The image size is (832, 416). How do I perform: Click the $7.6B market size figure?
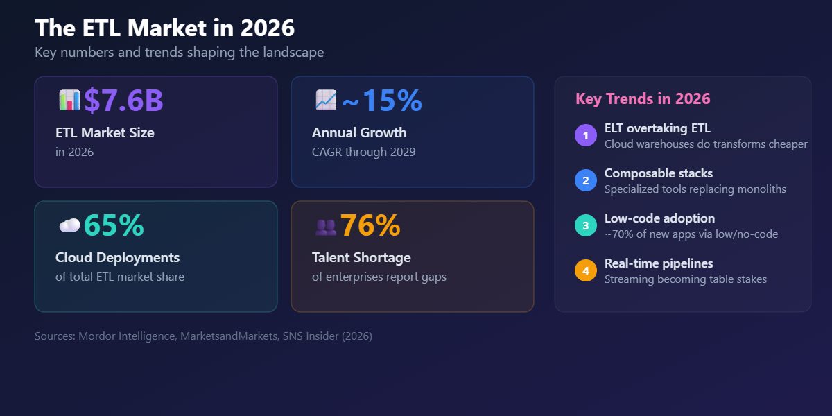point(123,101)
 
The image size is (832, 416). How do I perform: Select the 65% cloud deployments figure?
point(114,226)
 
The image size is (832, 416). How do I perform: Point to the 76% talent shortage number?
point(370,226)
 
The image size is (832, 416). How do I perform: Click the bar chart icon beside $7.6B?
point(69,101)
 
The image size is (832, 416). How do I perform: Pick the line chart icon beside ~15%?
point(326,101)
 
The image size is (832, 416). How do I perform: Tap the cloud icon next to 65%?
point(69,225)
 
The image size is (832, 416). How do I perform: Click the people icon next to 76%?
point(326,226)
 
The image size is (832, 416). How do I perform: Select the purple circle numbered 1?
point(586,136)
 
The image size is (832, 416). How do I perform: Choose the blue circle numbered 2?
point(586,181)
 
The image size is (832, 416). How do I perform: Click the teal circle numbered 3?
point(586,226)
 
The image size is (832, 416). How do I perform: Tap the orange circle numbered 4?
point(586,271)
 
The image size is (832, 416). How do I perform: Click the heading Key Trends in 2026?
point(643,99)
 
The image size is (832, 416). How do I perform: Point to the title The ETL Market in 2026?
point(164,28)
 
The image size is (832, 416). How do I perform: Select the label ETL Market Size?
point(105,132)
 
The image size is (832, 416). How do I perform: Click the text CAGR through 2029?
point(363,152)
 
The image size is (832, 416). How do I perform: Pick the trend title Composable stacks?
point(658,173)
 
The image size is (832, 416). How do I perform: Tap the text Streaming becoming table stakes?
point(685,279)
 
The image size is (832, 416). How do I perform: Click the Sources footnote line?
point(203,336)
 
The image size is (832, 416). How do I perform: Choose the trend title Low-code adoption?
point(659,218)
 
